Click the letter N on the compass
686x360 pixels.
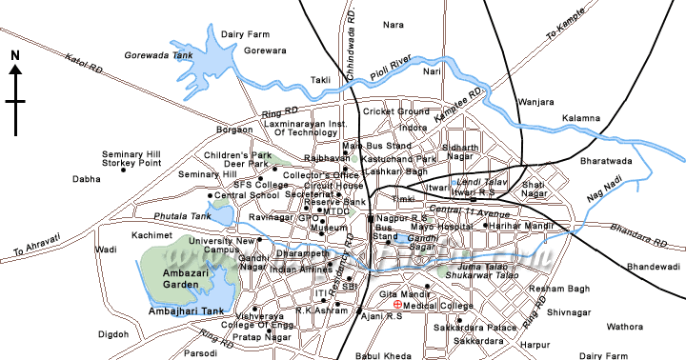pos(15,56)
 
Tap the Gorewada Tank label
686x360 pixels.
pos(153,56)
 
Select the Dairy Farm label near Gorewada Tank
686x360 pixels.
pos(240,33)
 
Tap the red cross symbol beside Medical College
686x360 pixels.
pos(397,305)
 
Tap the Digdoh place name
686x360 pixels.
pos(113,334)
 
